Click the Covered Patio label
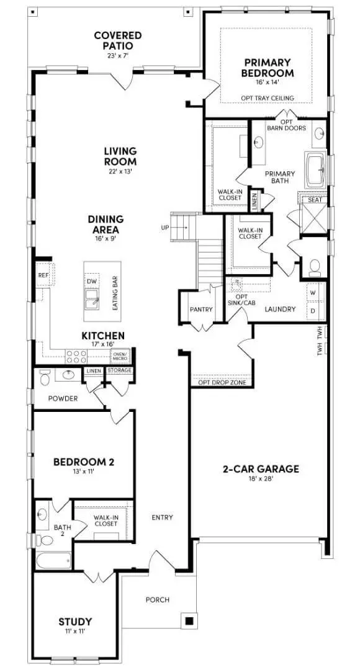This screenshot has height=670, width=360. [x=117, y=40]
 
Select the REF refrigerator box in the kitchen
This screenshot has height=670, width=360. [x=43, y=275]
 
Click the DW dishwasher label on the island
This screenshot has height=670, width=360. [x=92, y=281]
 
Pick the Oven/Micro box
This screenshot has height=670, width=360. [x=120, y=356]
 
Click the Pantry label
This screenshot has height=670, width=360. [x=201, y=309]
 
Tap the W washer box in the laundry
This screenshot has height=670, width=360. [x=312, y=292]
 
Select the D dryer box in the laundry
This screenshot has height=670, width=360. [x=312, y=310]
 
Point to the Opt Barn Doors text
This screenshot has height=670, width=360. [x=287, y=125]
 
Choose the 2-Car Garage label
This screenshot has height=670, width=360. [x=261, y=469]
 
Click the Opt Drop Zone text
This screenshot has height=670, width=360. [x=222, y=383]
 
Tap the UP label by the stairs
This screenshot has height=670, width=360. [x=165, y=228]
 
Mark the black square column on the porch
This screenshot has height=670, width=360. [x=189, y=620]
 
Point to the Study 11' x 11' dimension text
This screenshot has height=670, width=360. [x=75, y=631]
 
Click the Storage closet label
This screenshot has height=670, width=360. [x=119, y=371]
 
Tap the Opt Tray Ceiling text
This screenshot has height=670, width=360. [x=268, y=98]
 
